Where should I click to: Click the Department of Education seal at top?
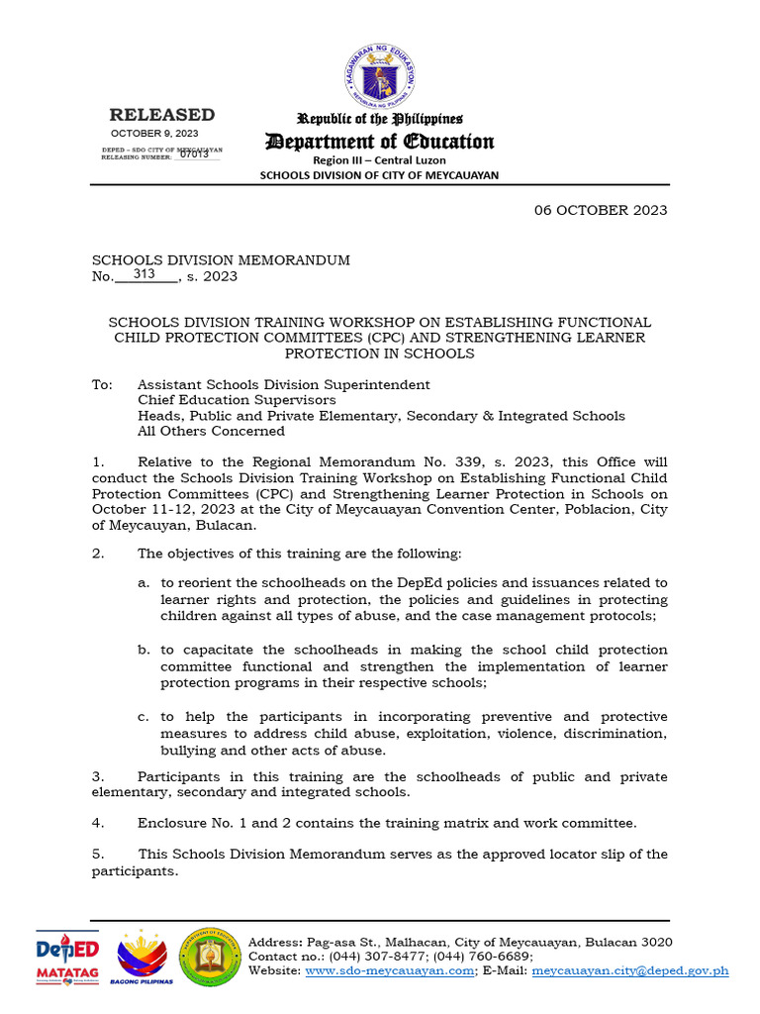(x=380, y=77)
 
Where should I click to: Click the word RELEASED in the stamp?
(x=161, y=115)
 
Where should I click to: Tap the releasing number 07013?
(x=194, y=154)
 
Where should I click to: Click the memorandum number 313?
(x=144, y=274)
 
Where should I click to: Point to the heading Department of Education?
(x=379, y=142)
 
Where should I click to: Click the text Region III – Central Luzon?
(x=379, y=159)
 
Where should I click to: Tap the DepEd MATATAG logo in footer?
(x=67, y=958)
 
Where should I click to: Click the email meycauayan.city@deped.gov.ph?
(x=629, y=971)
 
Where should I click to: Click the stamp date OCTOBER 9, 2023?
(x=154, y=133)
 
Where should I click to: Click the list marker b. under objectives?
(x=143, y=650)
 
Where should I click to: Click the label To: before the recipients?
(x=102, y=385)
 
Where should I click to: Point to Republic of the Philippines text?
(x=380, y=120)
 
